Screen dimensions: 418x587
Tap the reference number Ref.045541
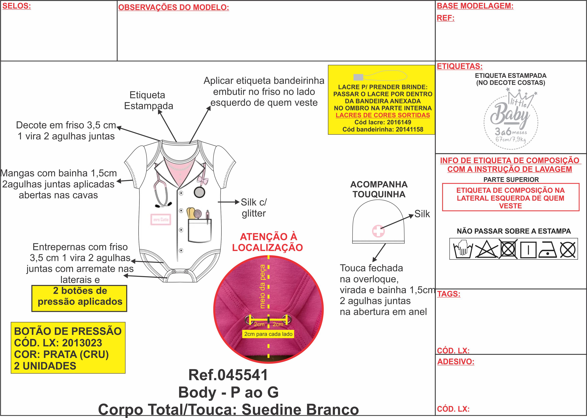click(x=228, y=375)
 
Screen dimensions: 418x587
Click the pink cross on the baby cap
click(x=378, y=231)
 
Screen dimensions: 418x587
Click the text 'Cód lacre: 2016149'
click(x=383, y=122)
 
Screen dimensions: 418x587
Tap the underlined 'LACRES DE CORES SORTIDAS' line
click(x=383, y=115)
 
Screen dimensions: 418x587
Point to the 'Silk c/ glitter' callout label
click(x=254, y=208)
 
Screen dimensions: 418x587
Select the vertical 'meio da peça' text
click(x=262, y=286)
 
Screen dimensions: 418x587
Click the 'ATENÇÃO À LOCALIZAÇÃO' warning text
click(x=268, y=242)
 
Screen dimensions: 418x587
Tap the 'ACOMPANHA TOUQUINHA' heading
click(x=379, y=189)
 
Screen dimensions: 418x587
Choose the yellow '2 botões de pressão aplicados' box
click(x=79, y=298)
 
